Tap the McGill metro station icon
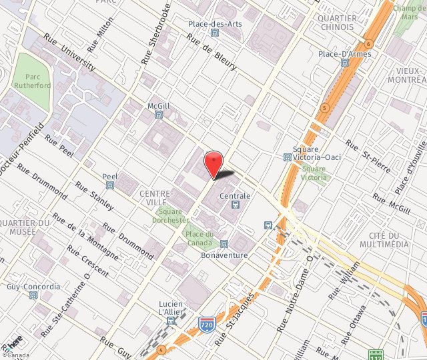159,115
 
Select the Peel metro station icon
110,185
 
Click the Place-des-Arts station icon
214,33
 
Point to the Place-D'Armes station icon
344,63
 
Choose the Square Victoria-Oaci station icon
287,157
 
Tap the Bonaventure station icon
224,245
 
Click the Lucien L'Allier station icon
171,321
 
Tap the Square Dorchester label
170,215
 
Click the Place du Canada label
199,238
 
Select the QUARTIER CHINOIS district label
338,23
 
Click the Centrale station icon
234,205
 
